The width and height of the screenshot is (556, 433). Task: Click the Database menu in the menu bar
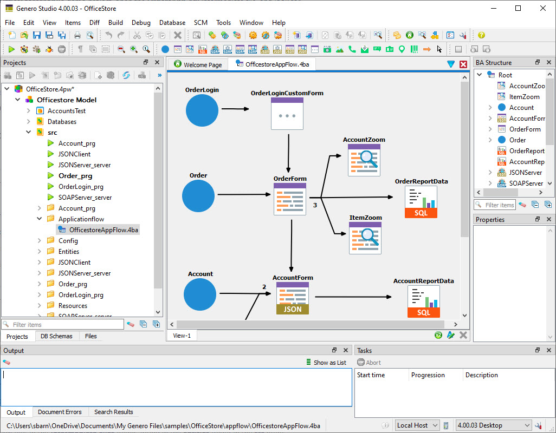click(x=172, y=23)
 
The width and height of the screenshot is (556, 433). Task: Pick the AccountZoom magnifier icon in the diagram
click(x=364, y=160)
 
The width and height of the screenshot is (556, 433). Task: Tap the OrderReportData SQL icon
click(x=421, y=202)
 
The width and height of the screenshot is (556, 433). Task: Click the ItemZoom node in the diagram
click(x=365, y=238)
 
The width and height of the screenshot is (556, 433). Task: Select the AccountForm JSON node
click(x=293, y=298)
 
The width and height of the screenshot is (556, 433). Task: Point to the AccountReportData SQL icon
click(x=424, y=301)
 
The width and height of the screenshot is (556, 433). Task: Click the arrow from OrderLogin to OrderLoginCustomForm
click(x=235, y=109)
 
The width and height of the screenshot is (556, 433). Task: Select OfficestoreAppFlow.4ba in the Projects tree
click(x=104, y=230)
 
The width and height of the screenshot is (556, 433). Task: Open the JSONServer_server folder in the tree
click(x=85, y=273)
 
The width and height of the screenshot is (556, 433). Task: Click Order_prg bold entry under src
click(x=75, y=176)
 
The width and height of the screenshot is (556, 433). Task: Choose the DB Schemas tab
click(x=57, y=336)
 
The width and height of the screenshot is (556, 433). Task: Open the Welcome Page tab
click(x=198, y=65)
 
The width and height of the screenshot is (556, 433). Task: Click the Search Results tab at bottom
click(x=113, y=412)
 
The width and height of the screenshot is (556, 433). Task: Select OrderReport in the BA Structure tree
click(x=527, y=151)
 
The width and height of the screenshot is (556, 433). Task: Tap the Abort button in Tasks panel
click(x=369, y=363)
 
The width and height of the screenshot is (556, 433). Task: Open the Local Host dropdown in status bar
click(x=417, y=425)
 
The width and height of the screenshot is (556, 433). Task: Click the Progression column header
click(x=428, y=375)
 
